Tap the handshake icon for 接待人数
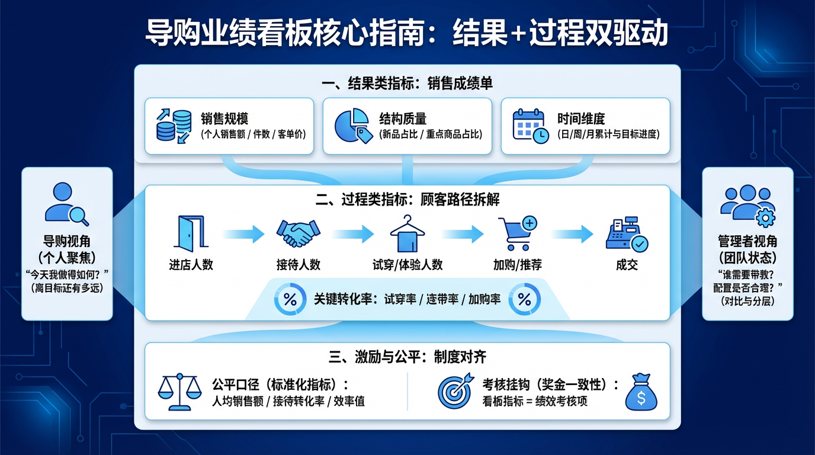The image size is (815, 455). pos(298,233)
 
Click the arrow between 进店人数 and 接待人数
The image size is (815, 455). pos(243,234)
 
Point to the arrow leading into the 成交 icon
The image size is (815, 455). pos(572,234)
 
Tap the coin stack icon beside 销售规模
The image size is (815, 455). pos(174,126)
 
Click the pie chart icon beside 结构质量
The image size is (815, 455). pos(353,126)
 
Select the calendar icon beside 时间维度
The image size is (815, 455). pos(530,126)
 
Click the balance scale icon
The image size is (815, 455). pos(179,392)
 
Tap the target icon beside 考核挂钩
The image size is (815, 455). pos(455,390)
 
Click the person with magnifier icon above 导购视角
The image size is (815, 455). pos(66,204)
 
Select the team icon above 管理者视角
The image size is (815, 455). pos(747,205)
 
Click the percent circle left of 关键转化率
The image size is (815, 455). pos(290,300)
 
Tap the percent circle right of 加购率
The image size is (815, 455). pos(525,300)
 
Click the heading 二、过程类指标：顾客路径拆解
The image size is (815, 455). pos(407,200)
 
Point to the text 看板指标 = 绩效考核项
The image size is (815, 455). pos(535,401)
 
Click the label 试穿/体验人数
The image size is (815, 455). pos(407,265)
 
